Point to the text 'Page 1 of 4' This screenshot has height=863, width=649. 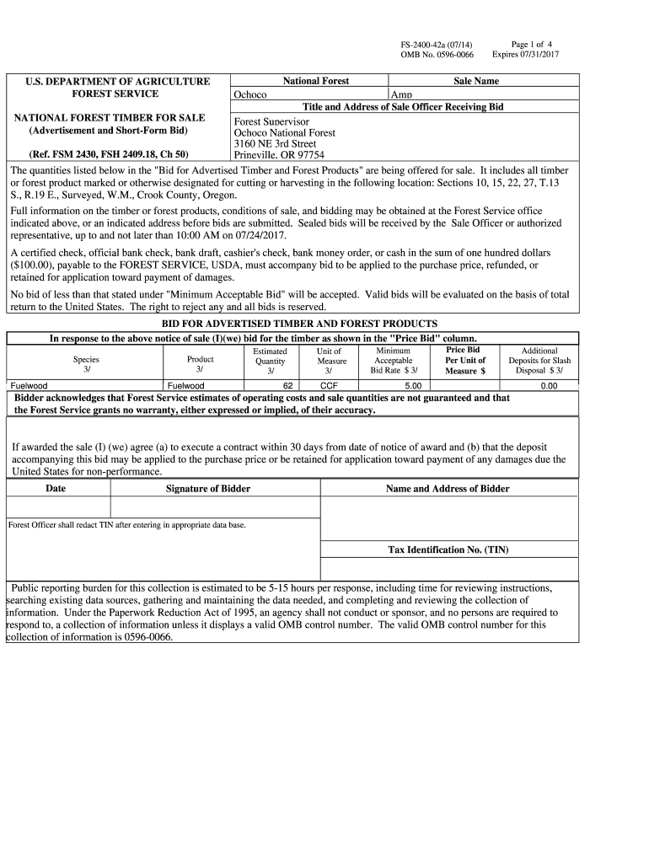coord(532,44)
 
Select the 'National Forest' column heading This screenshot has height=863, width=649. coord(316,81)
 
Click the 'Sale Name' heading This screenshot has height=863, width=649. coord(476,81)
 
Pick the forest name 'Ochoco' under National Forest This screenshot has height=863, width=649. coord(250,94)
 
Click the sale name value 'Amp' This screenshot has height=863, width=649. coord(400,94)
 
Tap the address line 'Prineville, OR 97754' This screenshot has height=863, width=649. coord(279,155)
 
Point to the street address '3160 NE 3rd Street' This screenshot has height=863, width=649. coord(275,143)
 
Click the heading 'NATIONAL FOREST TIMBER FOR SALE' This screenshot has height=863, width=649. coord(110,117)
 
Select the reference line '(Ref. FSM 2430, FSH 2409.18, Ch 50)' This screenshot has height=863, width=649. coord(109,154)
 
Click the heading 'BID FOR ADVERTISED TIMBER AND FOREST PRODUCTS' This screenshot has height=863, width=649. coord(299,324)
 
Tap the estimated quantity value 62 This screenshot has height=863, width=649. coord(288,385)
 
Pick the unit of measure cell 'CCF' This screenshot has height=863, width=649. coord(329,385)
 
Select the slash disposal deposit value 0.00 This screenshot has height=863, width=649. coord(549,385)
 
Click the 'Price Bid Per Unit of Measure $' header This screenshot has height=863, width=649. coord(465,360)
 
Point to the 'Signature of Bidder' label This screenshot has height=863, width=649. coord(208,489)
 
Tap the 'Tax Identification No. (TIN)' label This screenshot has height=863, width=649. coord(448,549)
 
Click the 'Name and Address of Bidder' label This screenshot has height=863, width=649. coord(448,489)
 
